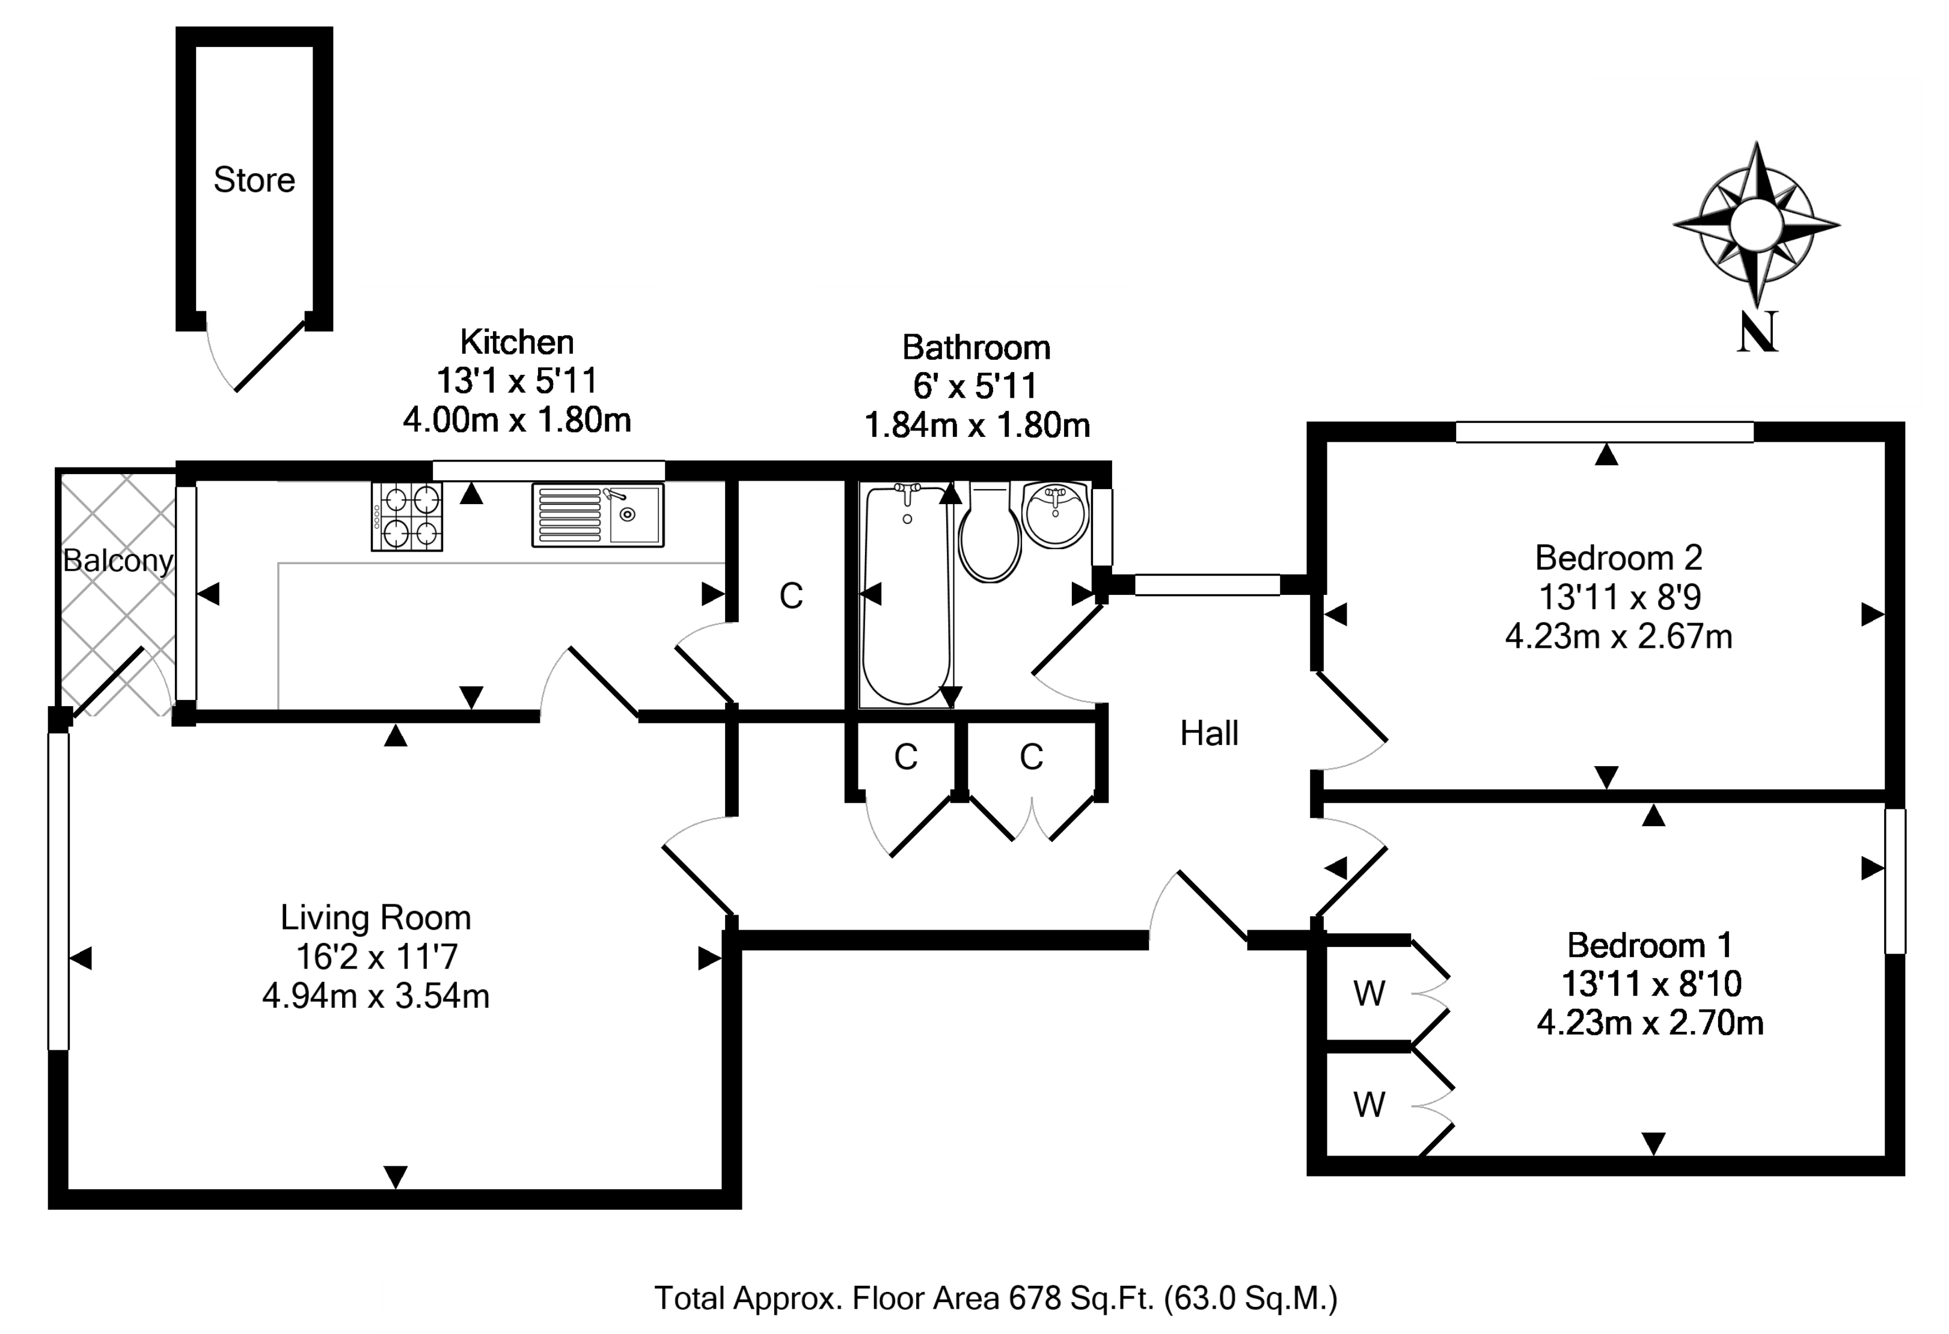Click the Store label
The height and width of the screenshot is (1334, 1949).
(254, 180)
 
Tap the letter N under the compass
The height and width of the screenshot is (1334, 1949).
(1757, 332)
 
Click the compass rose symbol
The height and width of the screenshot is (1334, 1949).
(1756, 225)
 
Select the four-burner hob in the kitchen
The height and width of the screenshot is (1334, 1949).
(407, 517)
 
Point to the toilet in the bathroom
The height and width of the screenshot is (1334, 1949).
(990, 537)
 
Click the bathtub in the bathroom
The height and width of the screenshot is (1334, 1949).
(907, 595)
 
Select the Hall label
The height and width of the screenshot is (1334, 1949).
(1208, 734)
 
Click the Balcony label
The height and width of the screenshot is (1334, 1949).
(118, 560)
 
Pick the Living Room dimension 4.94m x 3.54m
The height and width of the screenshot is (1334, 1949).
(376, 997)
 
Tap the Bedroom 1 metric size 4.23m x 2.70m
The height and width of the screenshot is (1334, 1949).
(1650, 1023)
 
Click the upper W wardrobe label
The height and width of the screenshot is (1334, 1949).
(1369, 994)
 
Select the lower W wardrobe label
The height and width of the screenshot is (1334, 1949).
(1369, 1106)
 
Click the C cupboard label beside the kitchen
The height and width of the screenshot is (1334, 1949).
(791, 596)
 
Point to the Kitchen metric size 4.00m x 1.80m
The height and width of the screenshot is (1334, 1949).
(516, 420)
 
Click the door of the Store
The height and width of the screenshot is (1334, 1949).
(268, 357)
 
